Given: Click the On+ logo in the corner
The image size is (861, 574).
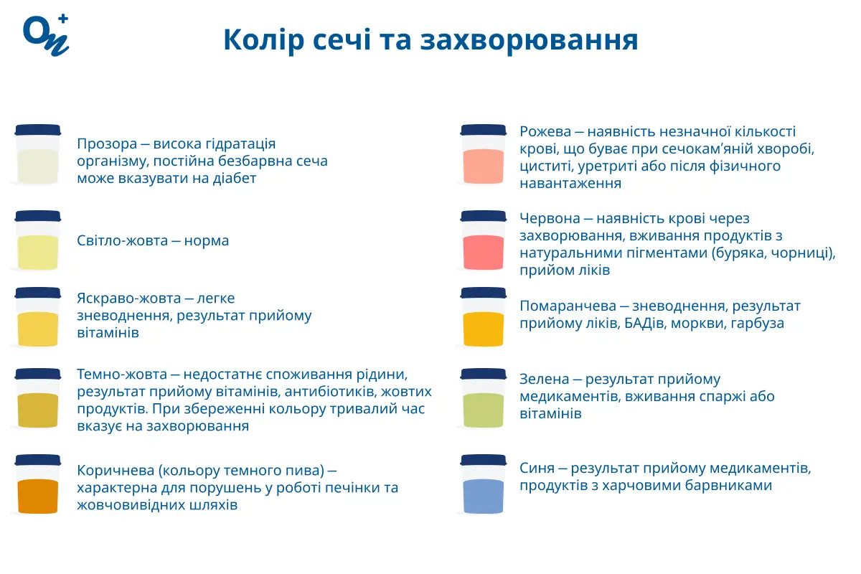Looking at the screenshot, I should [45, 34].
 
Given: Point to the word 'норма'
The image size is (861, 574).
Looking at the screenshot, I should [206, 241].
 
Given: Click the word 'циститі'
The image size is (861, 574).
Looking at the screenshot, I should [543, 166].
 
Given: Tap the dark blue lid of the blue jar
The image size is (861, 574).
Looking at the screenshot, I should [483, 460].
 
